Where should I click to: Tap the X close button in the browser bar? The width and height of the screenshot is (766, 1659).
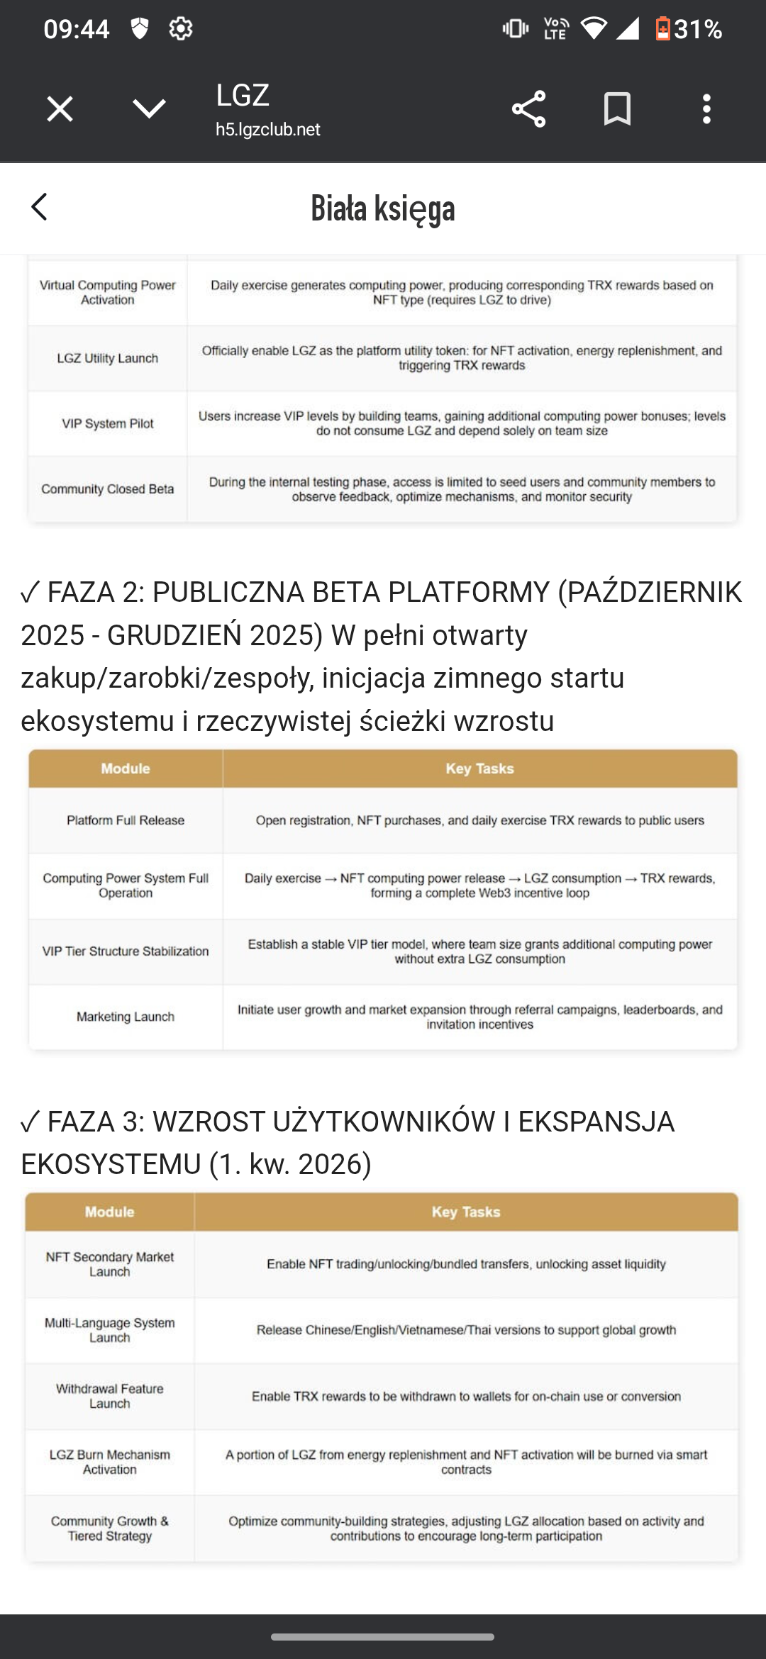(60, 109)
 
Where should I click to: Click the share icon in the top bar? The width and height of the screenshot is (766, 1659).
(528, 109)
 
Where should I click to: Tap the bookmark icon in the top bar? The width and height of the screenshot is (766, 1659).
(617, 109)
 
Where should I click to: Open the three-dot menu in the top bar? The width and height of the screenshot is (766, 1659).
(706, 109)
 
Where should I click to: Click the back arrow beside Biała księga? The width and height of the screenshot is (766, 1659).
(40, 207)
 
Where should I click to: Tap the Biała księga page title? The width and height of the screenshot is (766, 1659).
(383, 208)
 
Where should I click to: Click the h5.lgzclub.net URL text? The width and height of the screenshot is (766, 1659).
(268, 130)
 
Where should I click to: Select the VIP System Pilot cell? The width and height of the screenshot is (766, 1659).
(108, 424)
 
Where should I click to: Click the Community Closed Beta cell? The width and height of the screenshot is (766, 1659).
(108, 489)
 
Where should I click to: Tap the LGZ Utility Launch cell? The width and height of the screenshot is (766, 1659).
(108, 359)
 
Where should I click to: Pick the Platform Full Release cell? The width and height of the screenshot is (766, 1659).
(126, 820)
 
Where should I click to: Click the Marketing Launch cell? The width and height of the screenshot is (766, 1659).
(126, 1017)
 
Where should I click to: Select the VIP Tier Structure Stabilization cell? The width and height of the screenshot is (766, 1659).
(126, 951)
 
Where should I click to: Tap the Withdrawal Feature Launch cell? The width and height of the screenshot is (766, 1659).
(110, 1396)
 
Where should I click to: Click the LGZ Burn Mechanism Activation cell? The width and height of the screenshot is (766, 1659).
(110, 1462)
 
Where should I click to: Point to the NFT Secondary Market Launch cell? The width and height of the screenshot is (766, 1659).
(110, 1264)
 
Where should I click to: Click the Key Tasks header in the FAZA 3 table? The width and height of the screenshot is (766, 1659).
(466, 1212)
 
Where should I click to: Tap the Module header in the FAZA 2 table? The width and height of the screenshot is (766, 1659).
(126, 769)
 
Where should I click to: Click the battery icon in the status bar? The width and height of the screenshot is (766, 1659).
(662, 29)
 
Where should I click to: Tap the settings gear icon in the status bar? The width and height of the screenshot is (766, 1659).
(181, 29)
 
